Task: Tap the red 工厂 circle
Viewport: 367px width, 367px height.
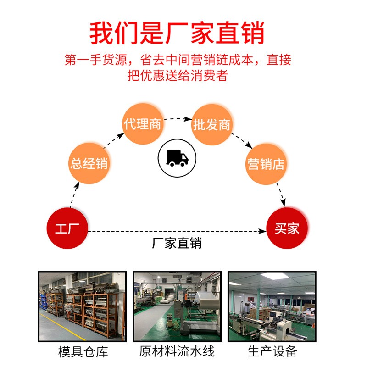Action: pyautogui.click(x=67, y=228)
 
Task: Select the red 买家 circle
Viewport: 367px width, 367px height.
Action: pyautogui.click(x=287, y=228)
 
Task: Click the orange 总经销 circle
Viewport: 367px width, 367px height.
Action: pyautogui.click(x=89, y=163)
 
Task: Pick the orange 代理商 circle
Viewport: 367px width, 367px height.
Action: pyautogui.click(x=143, y=124)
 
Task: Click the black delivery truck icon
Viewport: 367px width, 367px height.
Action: pyautogui.click(x=177, y=158)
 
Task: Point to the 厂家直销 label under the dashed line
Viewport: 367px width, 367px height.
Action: pyautogui.click(x=177, y=243)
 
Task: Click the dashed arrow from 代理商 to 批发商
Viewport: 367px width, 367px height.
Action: pyautogui.click(x=177, y=119)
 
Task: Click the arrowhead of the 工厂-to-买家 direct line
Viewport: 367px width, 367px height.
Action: pyautogui.click(x=262, y=231)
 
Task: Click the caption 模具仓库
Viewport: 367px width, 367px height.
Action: pyautogui.click(x=83, y=352)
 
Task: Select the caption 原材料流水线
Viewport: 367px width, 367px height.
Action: pyautogui.click(x=177, y=352)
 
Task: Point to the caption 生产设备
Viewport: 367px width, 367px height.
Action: pyautogui.click(x=272, y=352)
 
